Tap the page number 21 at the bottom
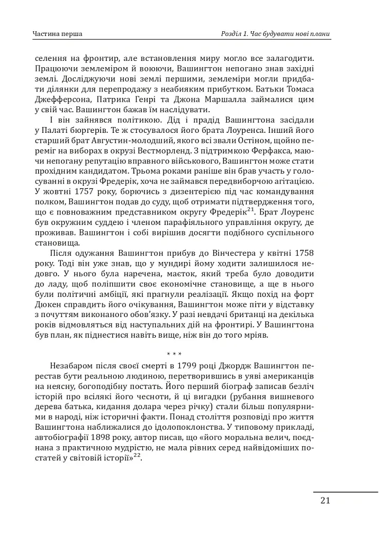(x=325, y=501)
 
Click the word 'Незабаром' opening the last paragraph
(x=73, y=366)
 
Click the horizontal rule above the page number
(x=345, y=492)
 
